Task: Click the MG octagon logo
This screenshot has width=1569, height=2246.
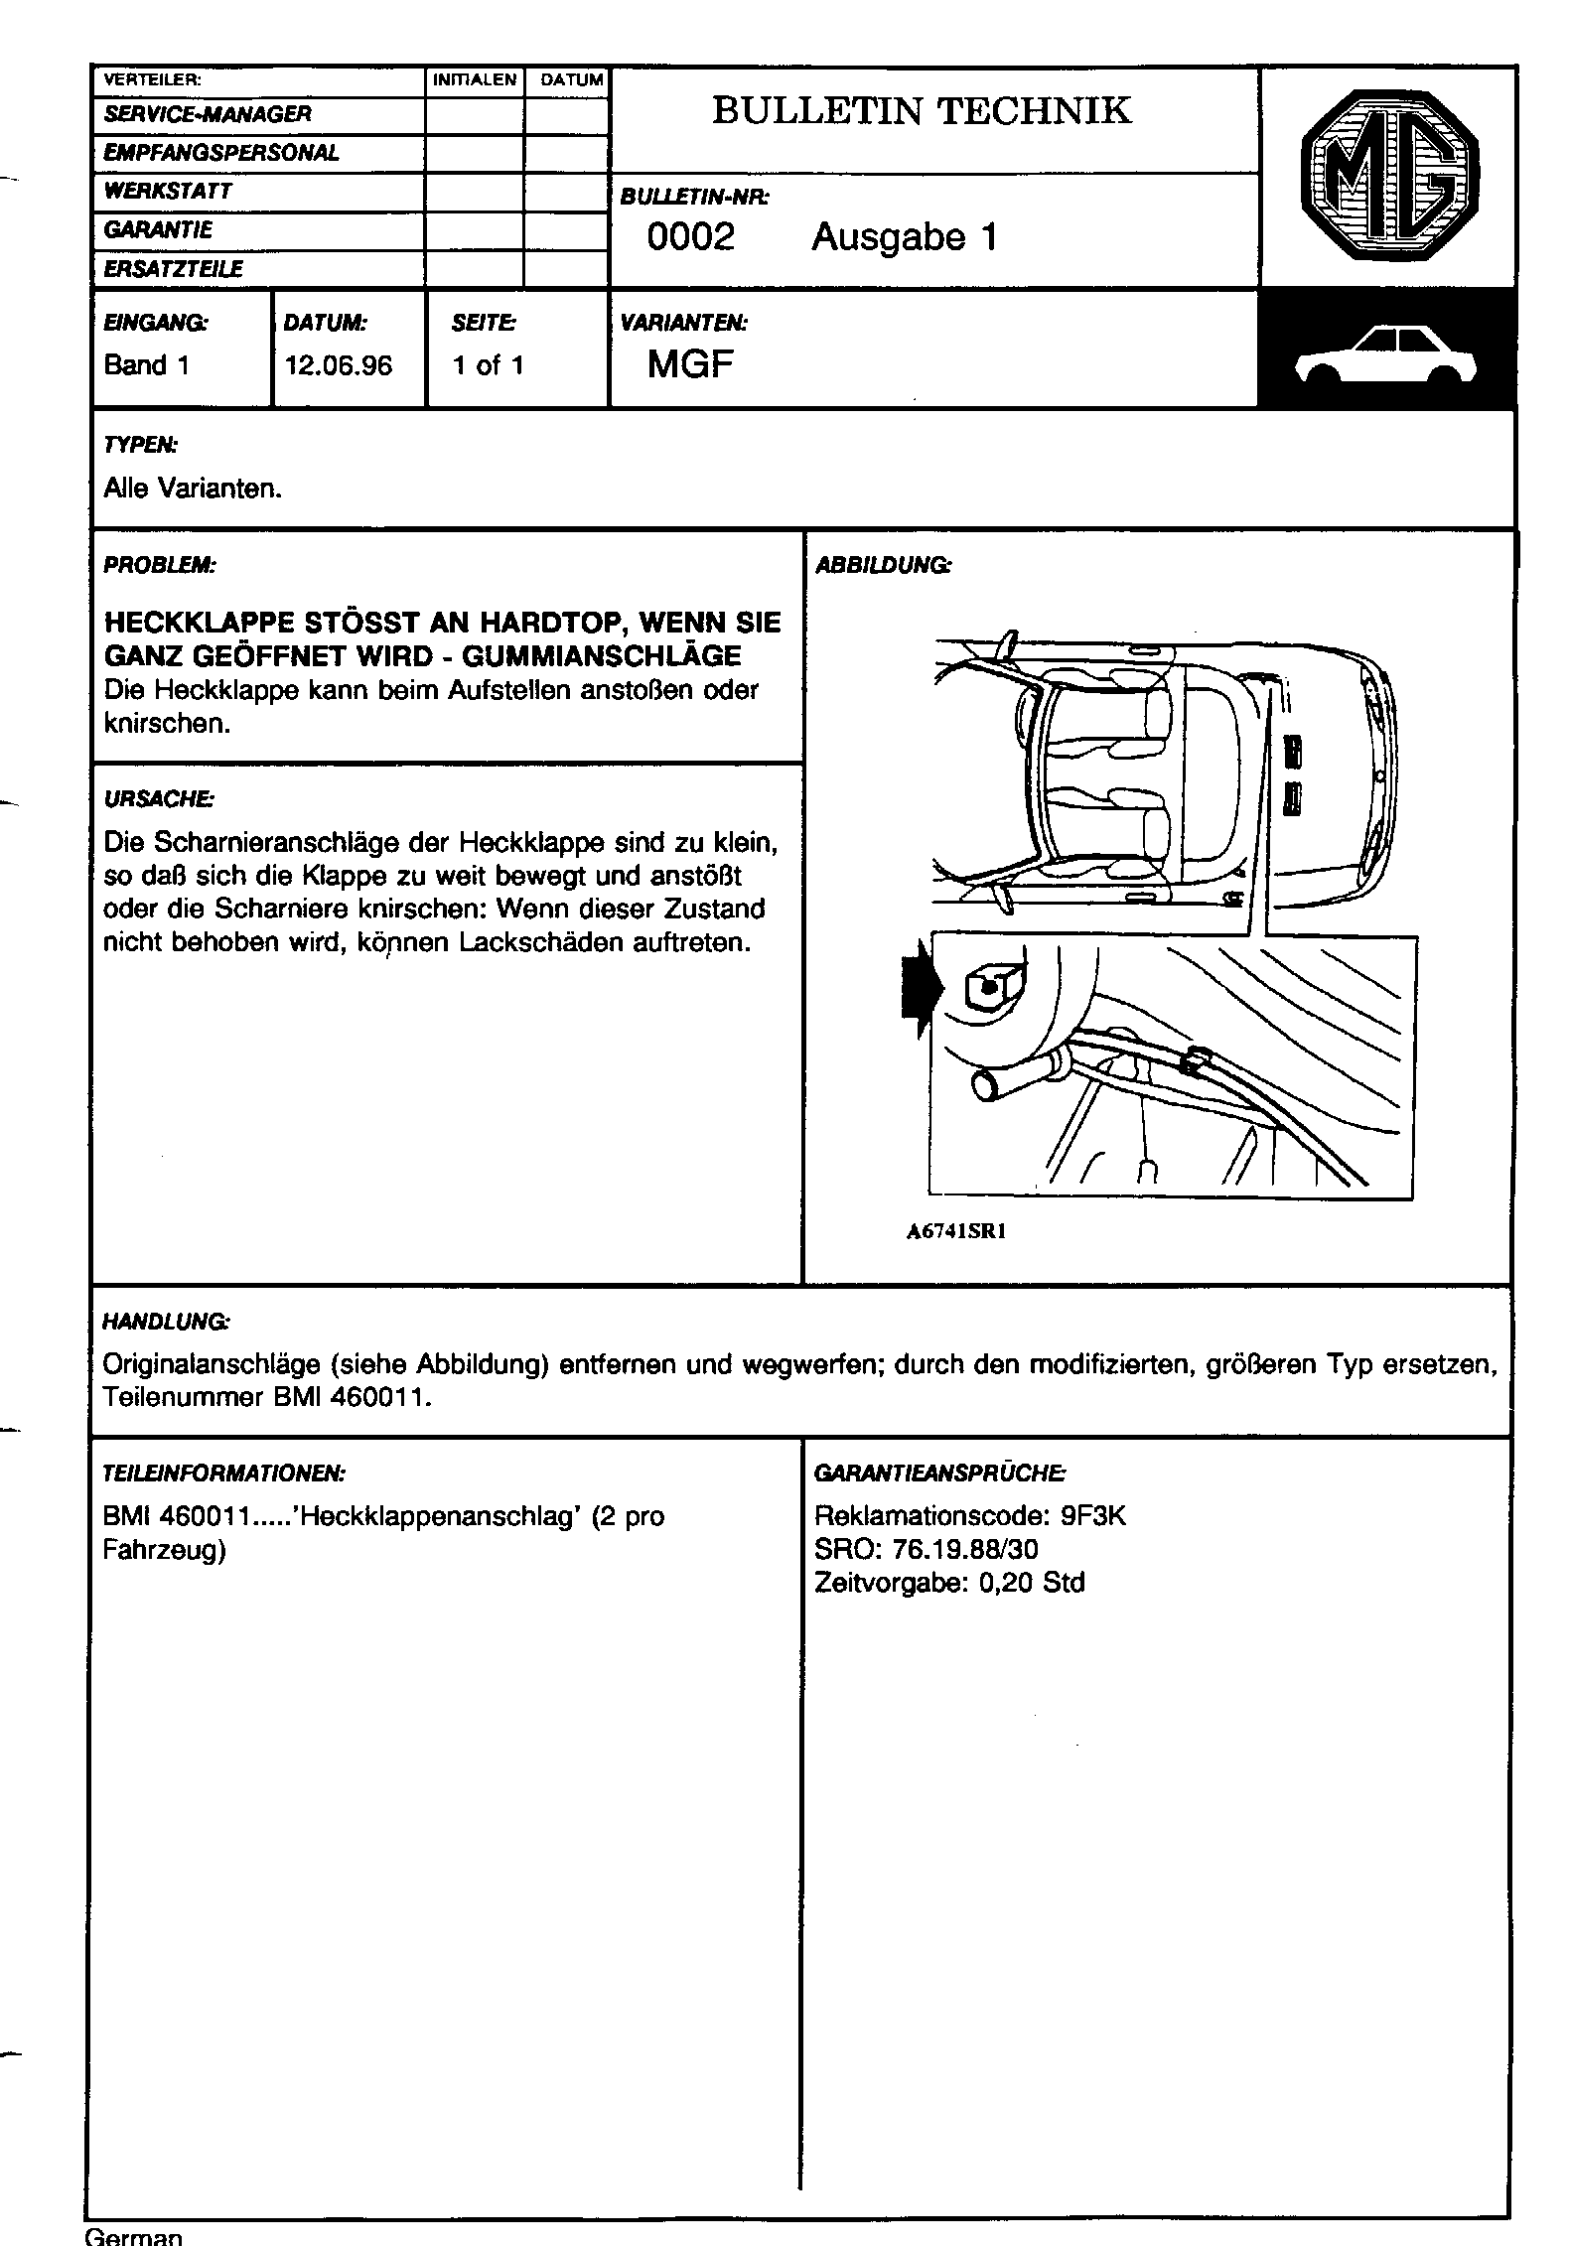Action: [x=1388, y=178]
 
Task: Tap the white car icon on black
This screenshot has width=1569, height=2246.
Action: [x=1386, y=355]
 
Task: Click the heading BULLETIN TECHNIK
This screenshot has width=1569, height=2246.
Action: [x=922, y=110]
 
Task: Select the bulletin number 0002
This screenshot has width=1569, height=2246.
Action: [x=690, y=237]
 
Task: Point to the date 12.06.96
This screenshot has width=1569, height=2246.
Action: [x=339, y=365]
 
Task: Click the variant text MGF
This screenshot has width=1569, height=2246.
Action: [x=690, y=365]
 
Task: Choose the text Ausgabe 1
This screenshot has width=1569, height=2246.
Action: [x=904, y=237]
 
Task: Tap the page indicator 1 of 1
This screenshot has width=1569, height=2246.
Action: [x=488, y=365]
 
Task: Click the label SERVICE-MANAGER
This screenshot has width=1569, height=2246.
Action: [x=208, y=114]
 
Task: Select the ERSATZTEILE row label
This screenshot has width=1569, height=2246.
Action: [x=174, y=269]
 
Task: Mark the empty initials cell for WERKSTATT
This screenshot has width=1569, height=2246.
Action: [x=475, y=192]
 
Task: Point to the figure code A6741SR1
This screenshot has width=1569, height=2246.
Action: [x=956, y=1232]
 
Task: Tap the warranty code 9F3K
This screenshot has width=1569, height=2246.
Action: [x=1093, y=1516]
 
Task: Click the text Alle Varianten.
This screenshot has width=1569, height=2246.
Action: [x=193, y=490]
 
